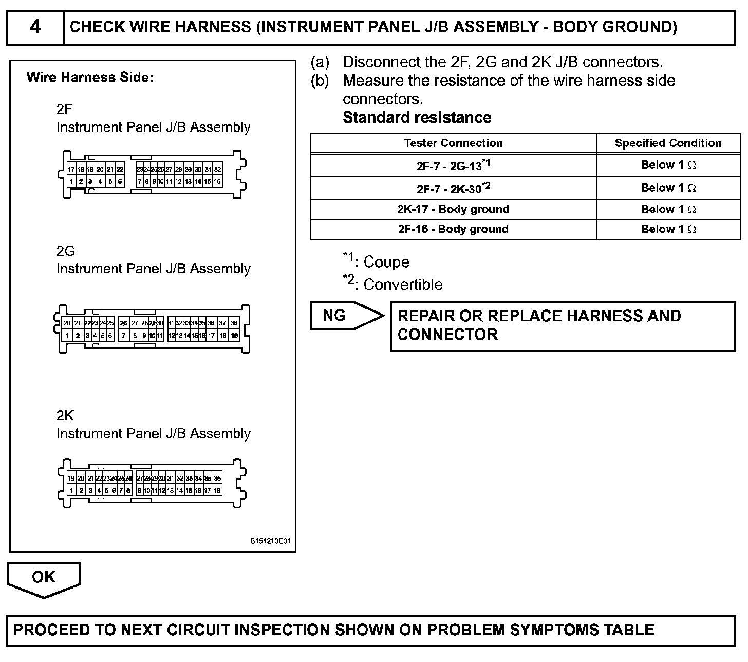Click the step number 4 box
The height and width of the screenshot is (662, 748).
pyautogui.click(x=35, y=27)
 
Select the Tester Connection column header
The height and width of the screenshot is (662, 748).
pyautogui.click(x=453, y=143)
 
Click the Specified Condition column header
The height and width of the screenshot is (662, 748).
pyautogui.click(x=668, y=143)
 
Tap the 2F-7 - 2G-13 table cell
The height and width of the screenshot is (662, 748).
pyautogui.click(x=453, y=165)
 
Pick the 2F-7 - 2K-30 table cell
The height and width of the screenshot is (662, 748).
pyautogui.click(x=453, y=189)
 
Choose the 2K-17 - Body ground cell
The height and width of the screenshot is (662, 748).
pyautogui.click(x=453, y=209)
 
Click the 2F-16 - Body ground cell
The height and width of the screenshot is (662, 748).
pyautogui.click(x=453, y=229)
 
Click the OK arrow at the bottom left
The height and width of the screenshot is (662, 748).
pyautogui.click(x=44, y=578)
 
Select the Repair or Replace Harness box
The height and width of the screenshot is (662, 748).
pyautogui.click(x=563, y=326)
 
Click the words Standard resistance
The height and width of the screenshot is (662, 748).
pyautogui.click(x=417, y=118)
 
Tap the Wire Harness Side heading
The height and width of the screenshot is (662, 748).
pyautogui.click(x=90, y=78)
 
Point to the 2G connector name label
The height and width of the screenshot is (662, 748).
pyautogui.click(x=65, y=251)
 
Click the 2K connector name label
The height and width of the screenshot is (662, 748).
pyautogui.click(x=65, y=415)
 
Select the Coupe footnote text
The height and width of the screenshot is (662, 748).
pyautogui.click(x=386, y=262)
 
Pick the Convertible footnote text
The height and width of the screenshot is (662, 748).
pyautogui.click(x=402, y=285)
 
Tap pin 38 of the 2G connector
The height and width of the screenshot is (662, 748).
pyautogui.click(x=234, y=323)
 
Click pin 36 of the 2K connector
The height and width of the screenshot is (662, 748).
pyautogui.click(x=217, y=479)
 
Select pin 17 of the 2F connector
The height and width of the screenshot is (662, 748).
pyautogui.click(x=71, y=169)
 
